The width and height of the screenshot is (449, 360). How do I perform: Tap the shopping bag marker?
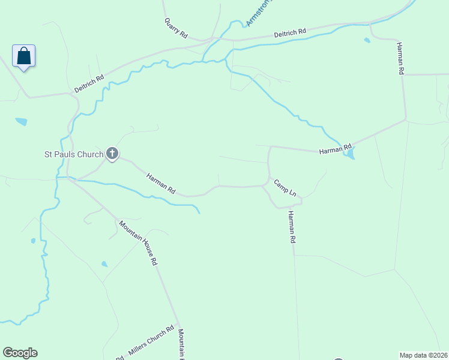click(x=23, y=56)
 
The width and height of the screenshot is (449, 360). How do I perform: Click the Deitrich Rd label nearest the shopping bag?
click(x=89, y=83)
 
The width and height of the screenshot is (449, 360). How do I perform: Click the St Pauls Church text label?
click(x=74, y=154)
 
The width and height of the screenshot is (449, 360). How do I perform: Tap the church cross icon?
click(x=112, y=154)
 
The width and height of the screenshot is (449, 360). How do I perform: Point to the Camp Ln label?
click(x=285, y=188)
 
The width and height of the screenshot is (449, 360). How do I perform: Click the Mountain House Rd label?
click(x=138, y=243)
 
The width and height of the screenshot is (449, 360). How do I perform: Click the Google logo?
click(x=20, y=353)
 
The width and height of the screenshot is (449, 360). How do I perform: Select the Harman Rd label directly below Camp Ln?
click(x=292, y=227)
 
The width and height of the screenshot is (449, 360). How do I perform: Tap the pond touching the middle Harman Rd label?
click(x=349, y=155)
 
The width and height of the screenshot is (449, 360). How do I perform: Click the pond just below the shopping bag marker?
click(x=21, y=121)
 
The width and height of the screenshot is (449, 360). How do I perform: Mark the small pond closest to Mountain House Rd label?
click(x=104, y=263)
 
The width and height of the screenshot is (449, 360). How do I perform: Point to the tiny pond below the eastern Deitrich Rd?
click(x=367, y=41)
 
